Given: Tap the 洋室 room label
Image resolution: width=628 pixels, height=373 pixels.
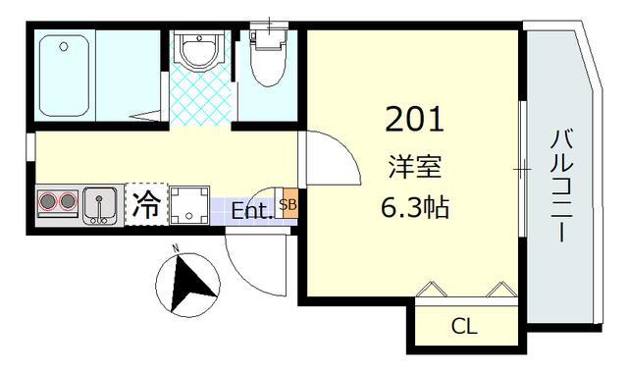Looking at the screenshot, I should click(x=413, y=167).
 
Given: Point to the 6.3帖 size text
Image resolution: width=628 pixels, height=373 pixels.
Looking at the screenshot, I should click(x=413, y=209).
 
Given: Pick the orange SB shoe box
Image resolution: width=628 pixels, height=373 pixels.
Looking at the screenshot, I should click(x=288, y=205).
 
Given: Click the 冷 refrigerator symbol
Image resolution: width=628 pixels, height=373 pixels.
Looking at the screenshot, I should click(x=145, y=205).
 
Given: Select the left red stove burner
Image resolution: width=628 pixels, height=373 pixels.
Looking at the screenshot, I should click(x=47, y=204).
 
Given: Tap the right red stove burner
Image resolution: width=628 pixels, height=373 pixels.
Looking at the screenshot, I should click(x=67, y=204).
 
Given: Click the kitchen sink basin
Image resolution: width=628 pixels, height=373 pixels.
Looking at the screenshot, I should click(x=100, y=205).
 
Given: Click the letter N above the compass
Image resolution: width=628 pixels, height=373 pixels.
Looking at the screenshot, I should click(x=175, y=247).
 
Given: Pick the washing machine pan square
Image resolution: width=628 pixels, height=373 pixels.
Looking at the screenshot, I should click(x=188, y=205).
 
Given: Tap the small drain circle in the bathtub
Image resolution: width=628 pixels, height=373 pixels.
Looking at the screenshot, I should click(x=63, y=45).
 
